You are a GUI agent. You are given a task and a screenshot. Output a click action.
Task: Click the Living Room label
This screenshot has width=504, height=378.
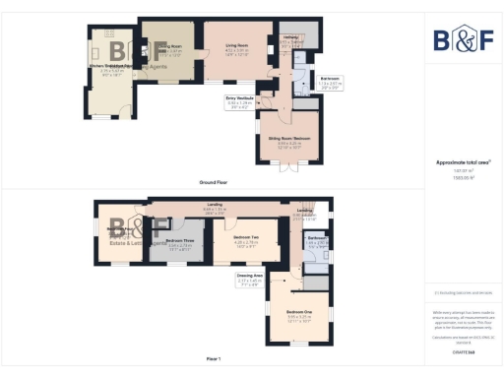(235, 47)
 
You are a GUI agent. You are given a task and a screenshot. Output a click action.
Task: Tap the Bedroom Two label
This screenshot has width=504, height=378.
(245, 241)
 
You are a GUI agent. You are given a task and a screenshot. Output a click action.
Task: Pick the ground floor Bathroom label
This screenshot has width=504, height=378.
(331, 81)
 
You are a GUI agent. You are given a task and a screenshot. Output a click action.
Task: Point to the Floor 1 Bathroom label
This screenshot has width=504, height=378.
(315, 240)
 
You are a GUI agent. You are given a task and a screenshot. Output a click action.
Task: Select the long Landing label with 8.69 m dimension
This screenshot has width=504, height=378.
(215, 208)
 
